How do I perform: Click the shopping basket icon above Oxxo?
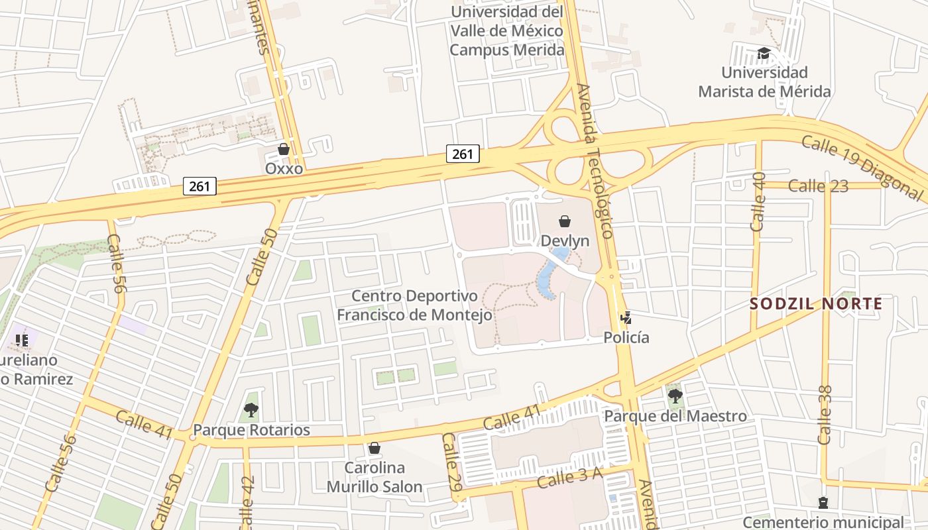(284, 149)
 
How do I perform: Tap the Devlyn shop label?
(565, 240)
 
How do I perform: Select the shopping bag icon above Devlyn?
(565, 221)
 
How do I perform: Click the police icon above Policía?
(626, 318)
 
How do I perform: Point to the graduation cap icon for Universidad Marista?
(764, 53)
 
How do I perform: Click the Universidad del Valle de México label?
(507, 30)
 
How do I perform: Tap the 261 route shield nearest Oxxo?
(199, 186)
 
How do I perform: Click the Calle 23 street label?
(819, 186)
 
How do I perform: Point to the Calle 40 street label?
(758, 201)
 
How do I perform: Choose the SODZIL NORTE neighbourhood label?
(816, 304)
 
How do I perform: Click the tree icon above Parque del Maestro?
(675, 396)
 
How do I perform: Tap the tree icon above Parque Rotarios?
(251, 410)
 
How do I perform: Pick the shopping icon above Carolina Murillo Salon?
(374, 449)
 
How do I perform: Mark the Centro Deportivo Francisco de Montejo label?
(414, 305)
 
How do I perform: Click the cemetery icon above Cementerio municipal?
(823, 503)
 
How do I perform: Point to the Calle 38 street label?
(826, 415)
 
